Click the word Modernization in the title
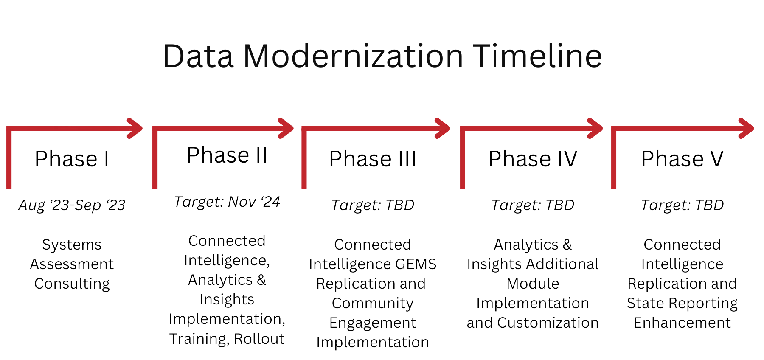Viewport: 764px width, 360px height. tap(353, 56)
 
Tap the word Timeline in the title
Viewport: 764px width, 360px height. tap(537, 56)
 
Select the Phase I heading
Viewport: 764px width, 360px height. tap(72, 159)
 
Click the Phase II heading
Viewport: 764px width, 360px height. tap(227, 155)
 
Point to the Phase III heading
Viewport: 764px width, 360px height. tap(373, 159)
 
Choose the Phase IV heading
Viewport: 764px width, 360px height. tap(533, 159)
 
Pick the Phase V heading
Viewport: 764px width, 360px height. tap(682, 159)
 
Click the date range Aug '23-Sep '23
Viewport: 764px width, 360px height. tap(72, 205)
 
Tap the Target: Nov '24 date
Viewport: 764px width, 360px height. tap(227, 202)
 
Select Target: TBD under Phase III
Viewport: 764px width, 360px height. tap(373, 205)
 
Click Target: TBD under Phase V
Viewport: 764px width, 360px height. tap(682, 205)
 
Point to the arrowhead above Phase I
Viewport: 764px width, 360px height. tap(135, 128)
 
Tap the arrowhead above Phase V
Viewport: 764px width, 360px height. tap(746, 128)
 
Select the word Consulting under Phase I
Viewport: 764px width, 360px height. tap(72, 284)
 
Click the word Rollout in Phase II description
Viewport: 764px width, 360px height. tap(259, 339)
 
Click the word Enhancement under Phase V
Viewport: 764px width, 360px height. tap(682, 323)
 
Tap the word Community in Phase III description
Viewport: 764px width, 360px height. tap(373, 304)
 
